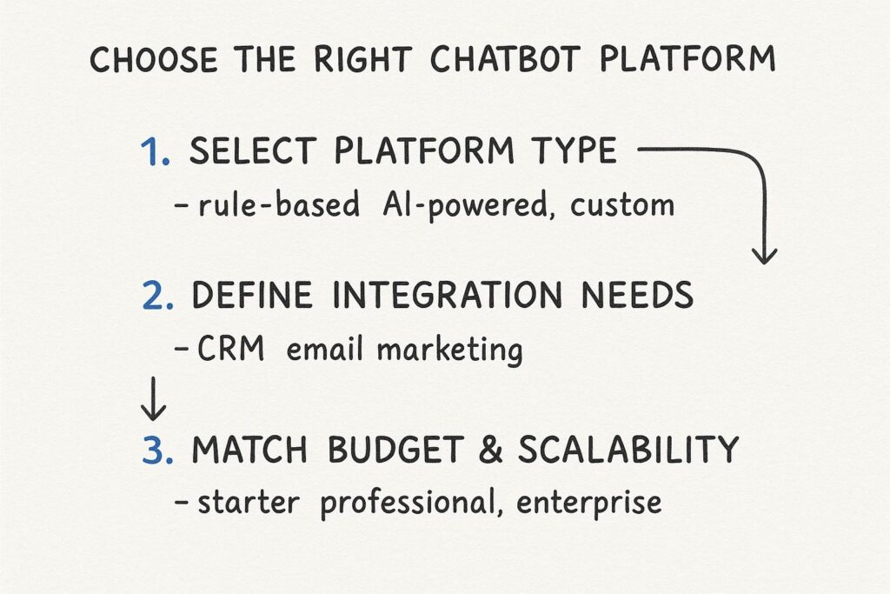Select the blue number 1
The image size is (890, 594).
[156, 152]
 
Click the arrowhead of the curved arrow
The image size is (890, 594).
[764, 255]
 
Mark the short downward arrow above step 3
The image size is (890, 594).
[153, 398]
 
